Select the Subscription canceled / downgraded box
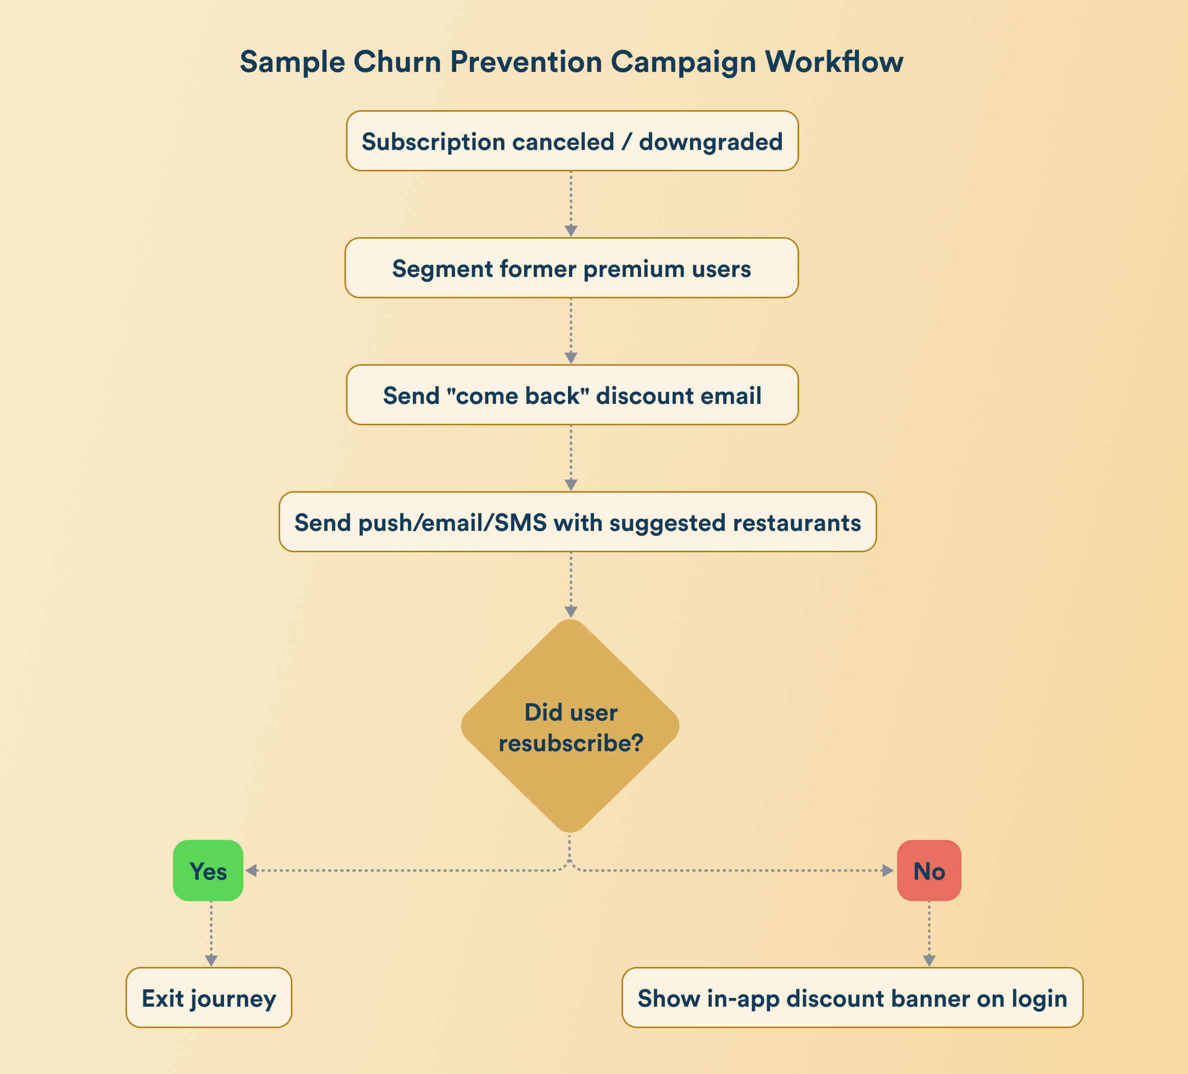[572, 141]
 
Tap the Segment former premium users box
[572, 268]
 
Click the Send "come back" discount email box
[572, 395]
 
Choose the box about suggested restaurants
[578, 522]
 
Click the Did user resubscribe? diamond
[571, 726]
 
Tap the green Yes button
[208, 871]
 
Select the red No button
[929, 871]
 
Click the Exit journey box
[209, 998]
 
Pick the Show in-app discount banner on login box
[852, 998]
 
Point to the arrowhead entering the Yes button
[251, 871]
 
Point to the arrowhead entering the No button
[887, 871]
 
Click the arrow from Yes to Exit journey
[211, 933]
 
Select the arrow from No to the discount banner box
[929, 933]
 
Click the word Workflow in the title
[834, 62]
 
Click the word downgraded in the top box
[711, 142]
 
